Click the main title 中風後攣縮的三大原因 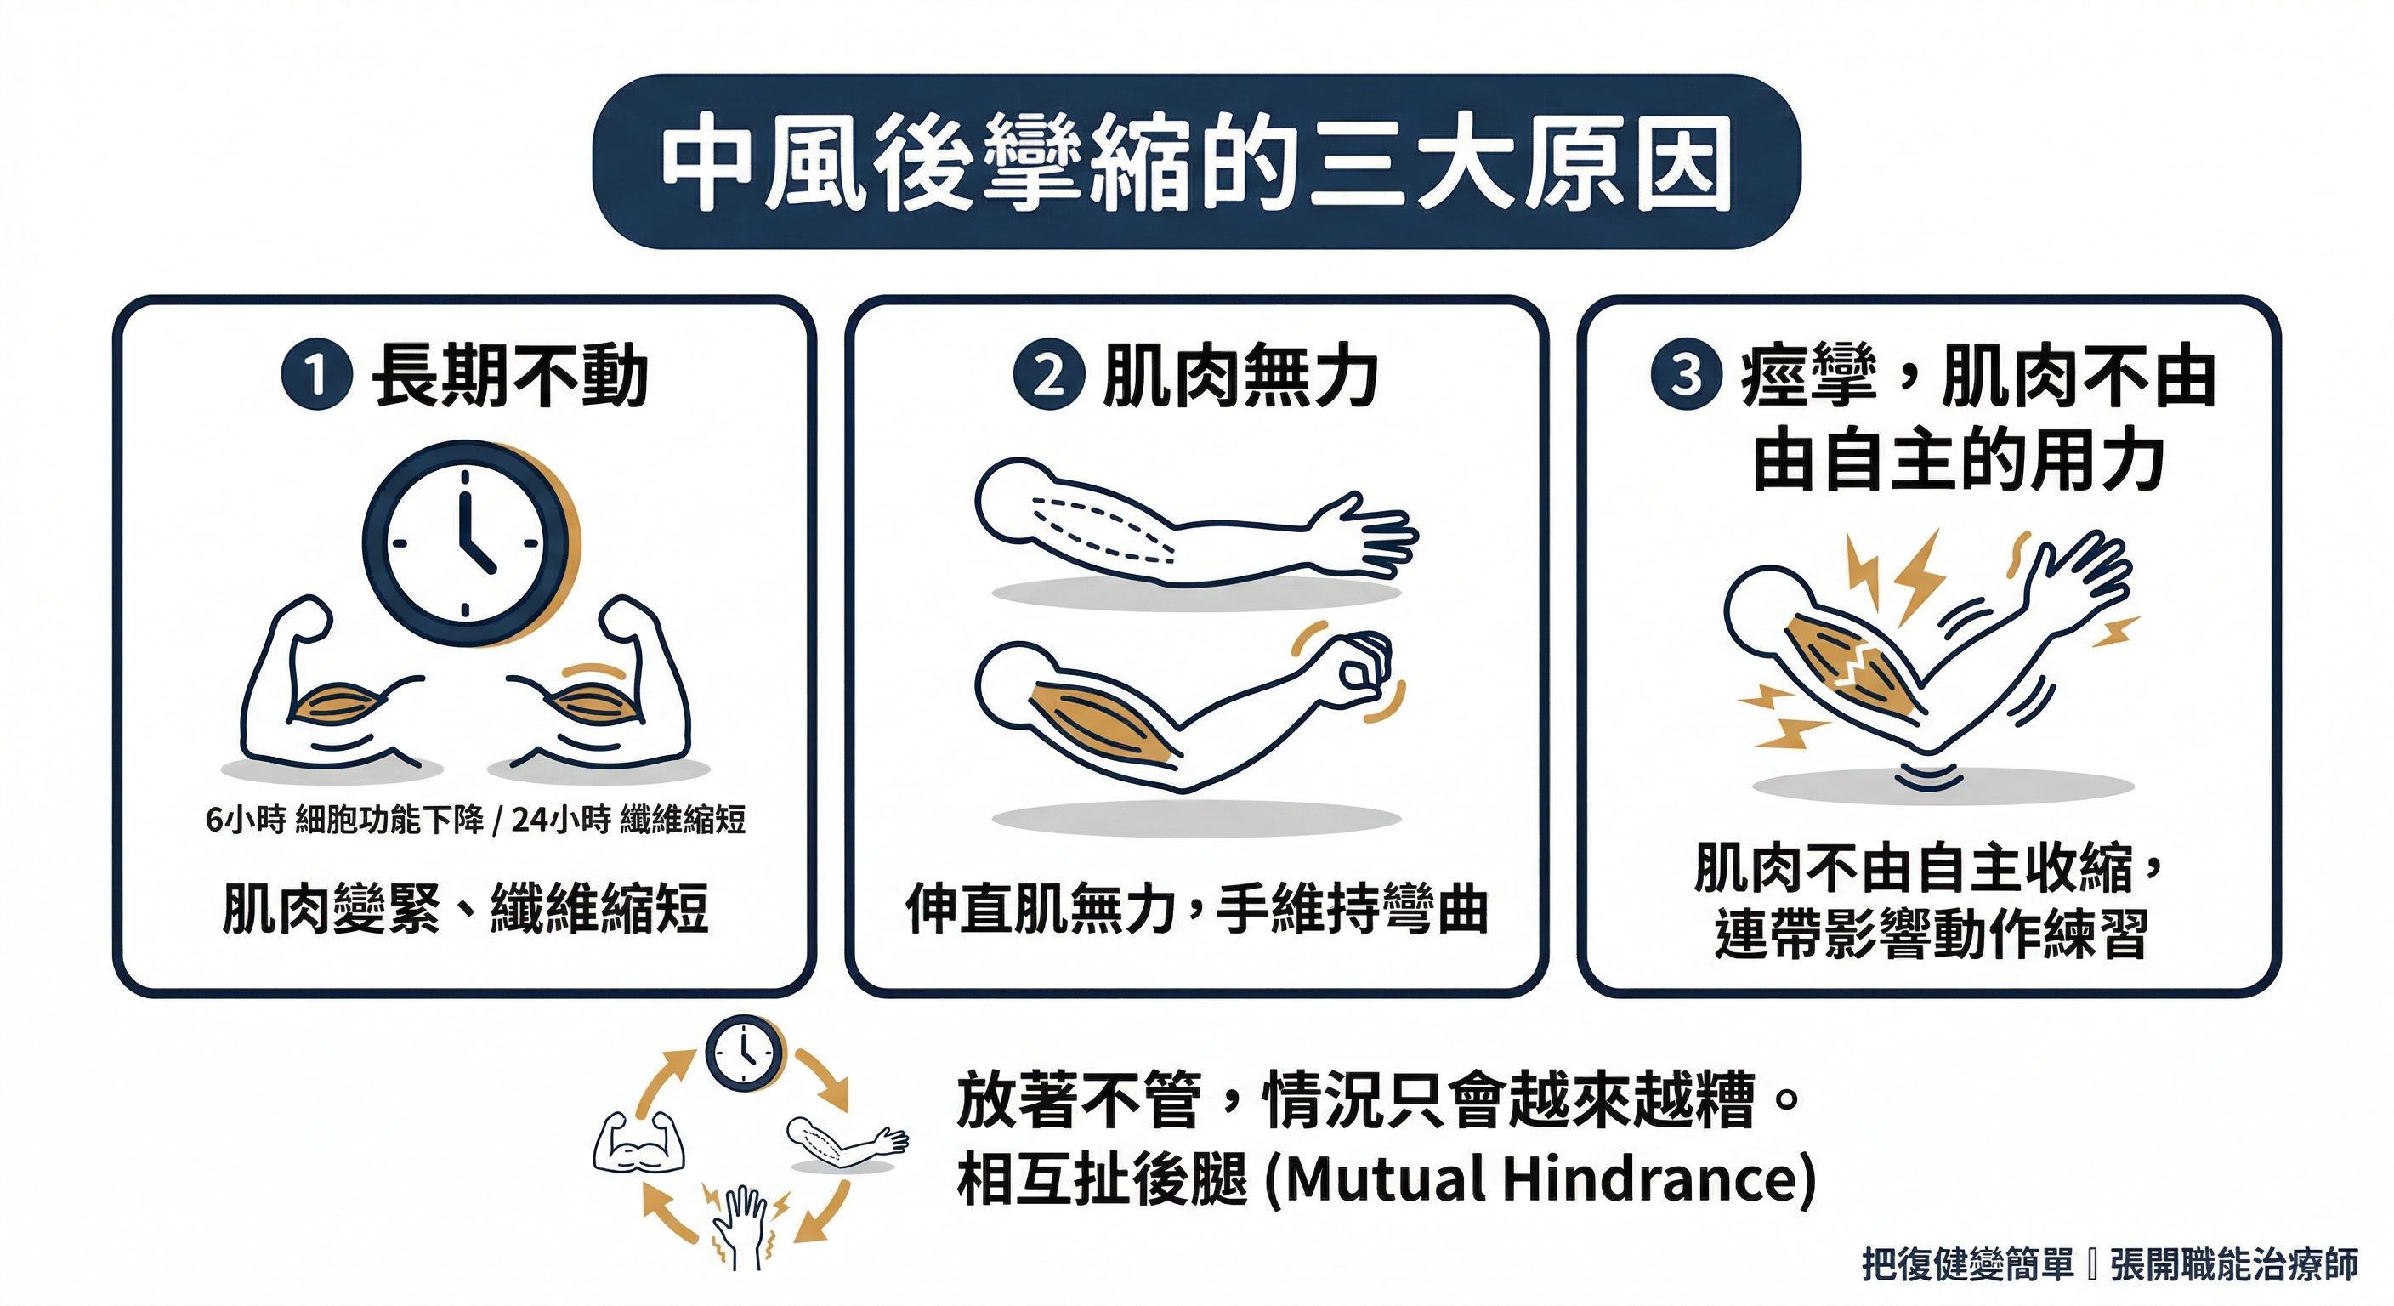[1196, 162]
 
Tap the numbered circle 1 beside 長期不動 [317, 377]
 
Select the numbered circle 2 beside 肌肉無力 [1049, 377]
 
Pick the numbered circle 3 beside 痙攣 [1687, 377]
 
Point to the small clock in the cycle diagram [745, 1053]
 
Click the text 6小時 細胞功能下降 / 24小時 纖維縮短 [475, 820]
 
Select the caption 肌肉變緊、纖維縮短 [465, 908]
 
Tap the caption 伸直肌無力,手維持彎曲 [1197, 908]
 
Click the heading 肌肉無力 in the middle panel [1240, 377]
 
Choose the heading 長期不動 [509, 377]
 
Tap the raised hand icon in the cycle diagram [740, 1227]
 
